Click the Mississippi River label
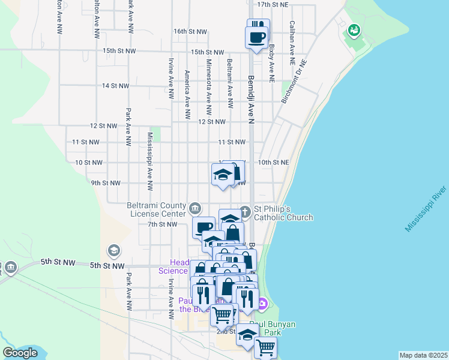click(x=426, y=209)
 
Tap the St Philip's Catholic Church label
click(x=282, y=213)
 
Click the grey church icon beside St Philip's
click(x=245, y=211)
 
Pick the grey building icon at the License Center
click(x=195, y=209)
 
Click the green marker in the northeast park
click(x=354, y=29)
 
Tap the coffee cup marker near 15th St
click(x=257, y=38)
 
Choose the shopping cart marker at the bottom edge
click(x=265, y=347)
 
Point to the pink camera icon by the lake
click(x=263, y=304)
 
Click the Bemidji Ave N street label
click(x=251, y=99)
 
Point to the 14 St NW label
click(x=115, y=86)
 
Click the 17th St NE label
click(x=273, y=4)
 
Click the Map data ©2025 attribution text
click(x=423, y=355)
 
